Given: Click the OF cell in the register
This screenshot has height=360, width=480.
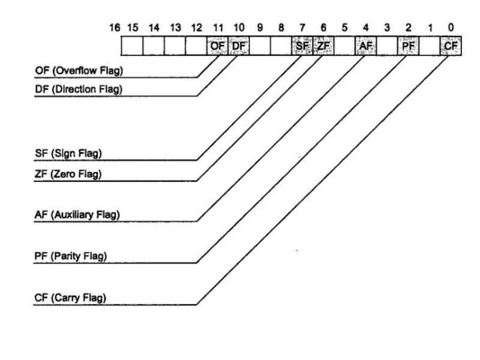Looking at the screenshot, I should click(x=217, y=46).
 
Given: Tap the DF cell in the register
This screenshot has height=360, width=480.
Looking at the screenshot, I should click(x=238, y=46).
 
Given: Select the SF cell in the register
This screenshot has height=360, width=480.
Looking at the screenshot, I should click(x=302, y=46).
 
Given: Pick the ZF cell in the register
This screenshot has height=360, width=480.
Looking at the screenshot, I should click(x=323, y=46).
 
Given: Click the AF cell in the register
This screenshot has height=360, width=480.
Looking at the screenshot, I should click(x=366, y=46).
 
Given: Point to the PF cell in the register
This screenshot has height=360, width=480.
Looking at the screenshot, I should click(x=409, y=46).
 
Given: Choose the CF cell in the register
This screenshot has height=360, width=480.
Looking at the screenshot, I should click(x=451, y=46).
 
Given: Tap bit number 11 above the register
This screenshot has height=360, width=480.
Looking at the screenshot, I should click(x=217, y=28).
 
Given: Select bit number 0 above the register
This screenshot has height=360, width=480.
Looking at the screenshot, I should click(x=451, y=28).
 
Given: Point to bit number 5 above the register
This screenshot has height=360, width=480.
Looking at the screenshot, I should click(x=345, y=28).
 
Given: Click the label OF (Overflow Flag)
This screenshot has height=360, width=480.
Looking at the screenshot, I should click(x=74, y=72).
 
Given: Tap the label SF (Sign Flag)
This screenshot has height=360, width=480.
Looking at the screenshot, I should click(x=67, y=154).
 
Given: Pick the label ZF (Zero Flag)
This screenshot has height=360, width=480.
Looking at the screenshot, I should click(x=67, y=175).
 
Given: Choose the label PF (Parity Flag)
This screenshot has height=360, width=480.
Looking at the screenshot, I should click(x=70, y=256).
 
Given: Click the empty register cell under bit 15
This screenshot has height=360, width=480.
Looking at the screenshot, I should click(x=132, y=46).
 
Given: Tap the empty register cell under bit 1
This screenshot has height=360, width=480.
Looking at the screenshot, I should click(x=430, y=46).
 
